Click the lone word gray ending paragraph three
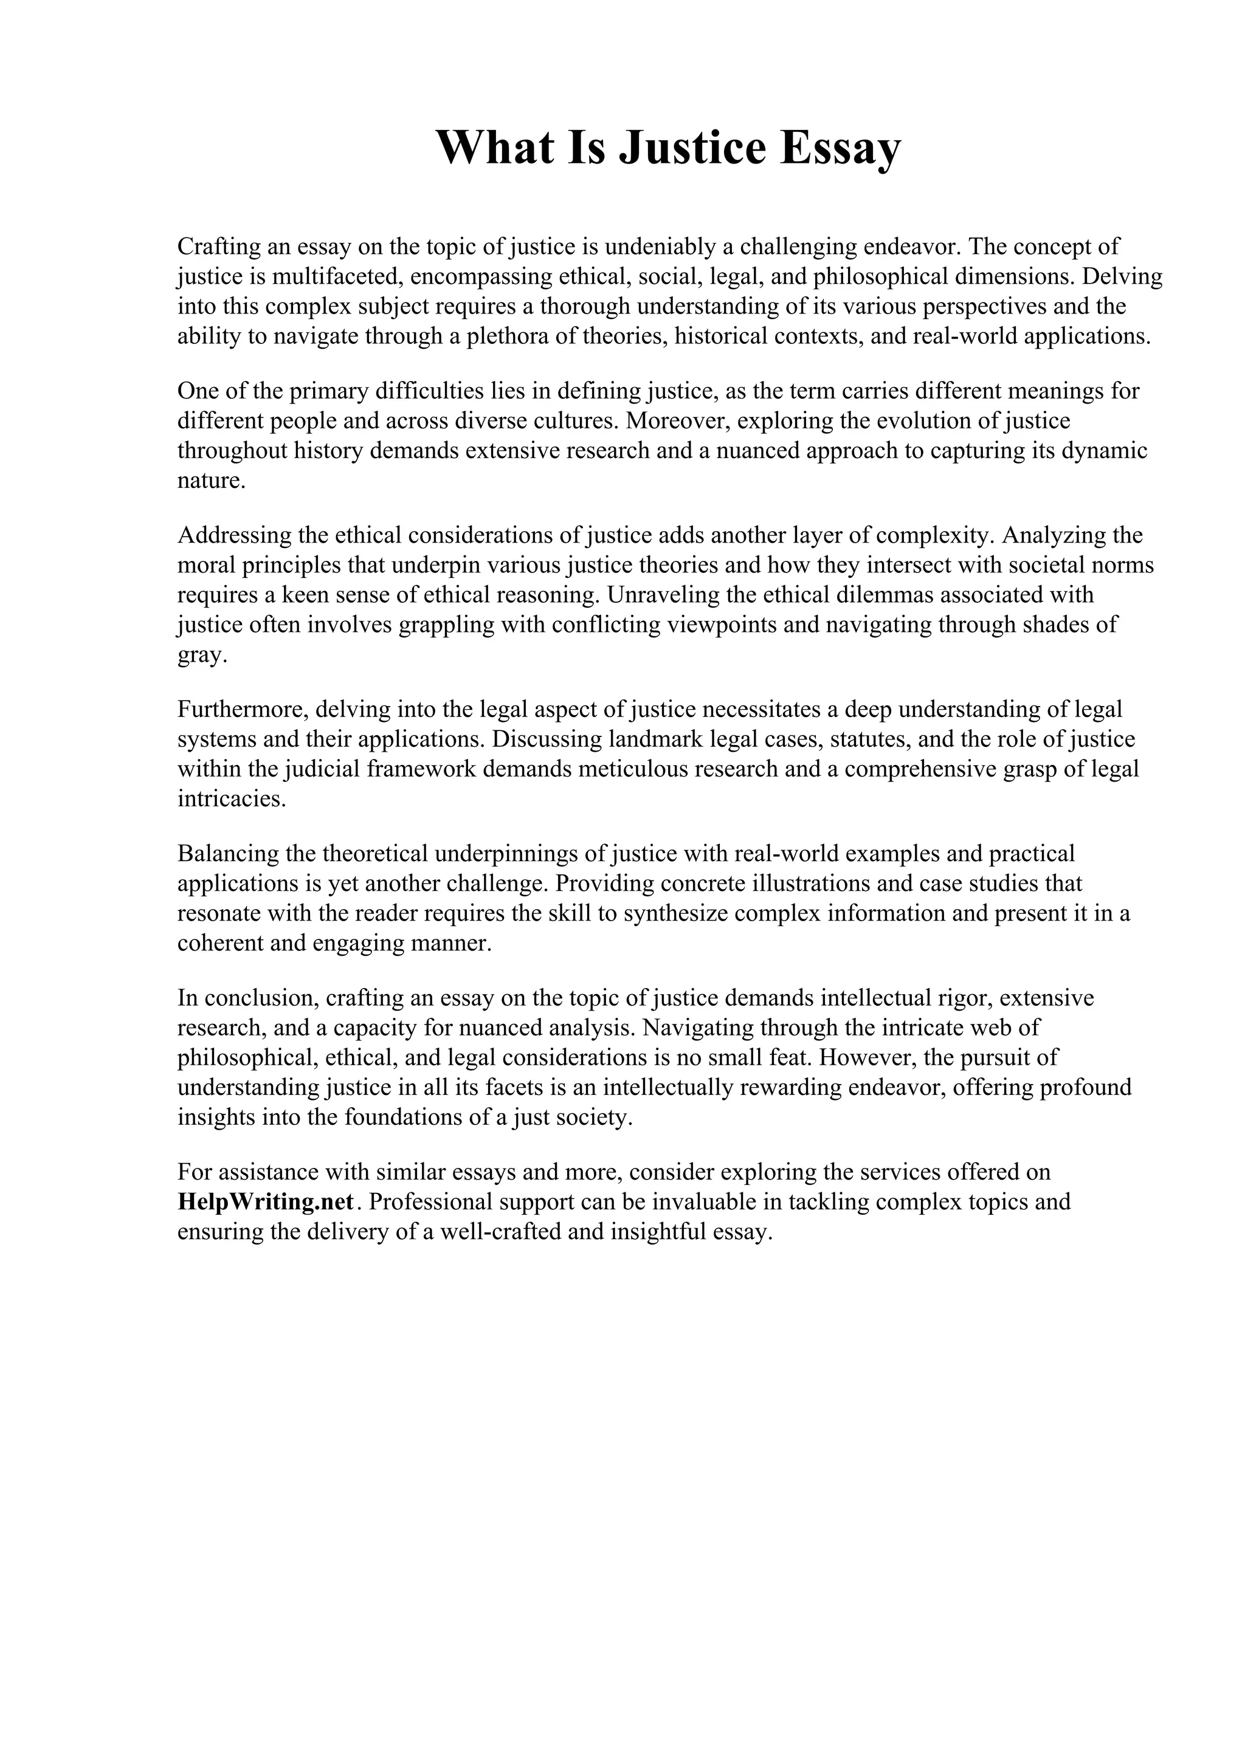click(x=202, y=655)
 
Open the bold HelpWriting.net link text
click(x=266, y=1201)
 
